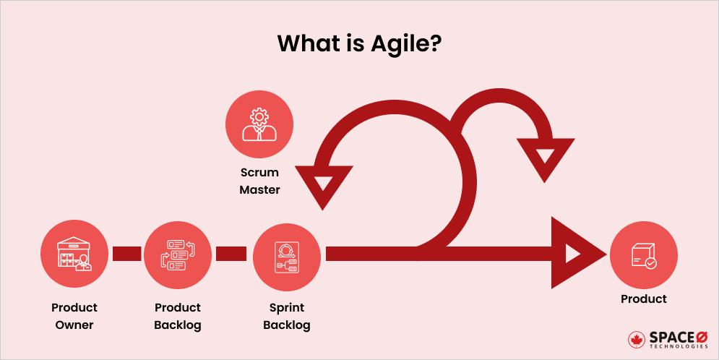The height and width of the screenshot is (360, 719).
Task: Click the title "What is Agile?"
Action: click(x=359, y=43)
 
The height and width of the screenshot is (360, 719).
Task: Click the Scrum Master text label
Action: click(x=260, y=181)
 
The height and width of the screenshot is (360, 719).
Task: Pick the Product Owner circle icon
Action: click(x=74, y=254)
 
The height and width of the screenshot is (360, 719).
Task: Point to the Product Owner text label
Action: click(x=74, y=316)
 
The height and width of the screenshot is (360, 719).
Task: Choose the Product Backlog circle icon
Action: click(x=178, y=254)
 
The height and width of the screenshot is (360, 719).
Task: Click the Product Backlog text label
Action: click(x=178, y=316)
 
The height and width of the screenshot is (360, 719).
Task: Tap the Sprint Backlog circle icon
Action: click(x=286, y=254)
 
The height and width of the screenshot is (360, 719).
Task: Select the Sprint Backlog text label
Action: click(x=286, y=316)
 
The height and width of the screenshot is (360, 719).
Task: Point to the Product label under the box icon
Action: click(x=643, y=299)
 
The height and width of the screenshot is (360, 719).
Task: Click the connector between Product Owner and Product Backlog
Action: click(x=126, y=253)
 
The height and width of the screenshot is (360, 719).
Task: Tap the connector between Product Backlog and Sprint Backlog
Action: click(x=231, y=253)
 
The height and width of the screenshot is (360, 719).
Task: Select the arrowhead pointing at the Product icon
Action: click(x=574, y=253)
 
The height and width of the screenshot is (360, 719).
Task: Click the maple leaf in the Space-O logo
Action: click(x=637, y=340)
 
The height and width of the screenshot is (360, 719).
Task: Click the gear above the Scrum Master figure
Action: click(x=259, y=115)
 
